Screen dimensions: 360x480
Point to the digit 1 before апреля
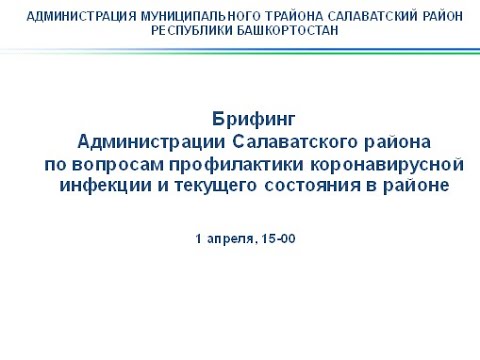coord(197,240)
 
